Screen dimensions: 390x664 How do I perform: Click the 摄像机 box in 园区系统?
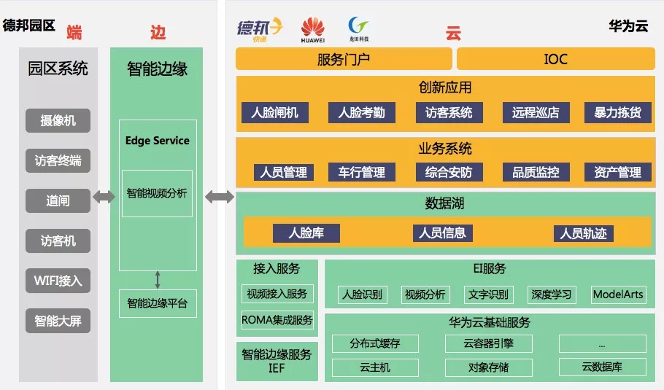(x=58, y=120)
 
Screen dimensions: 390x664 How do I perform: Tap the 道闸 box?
(x=58, y=200)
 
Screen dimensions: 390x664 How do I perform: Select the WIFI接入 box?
(x=58, y=280)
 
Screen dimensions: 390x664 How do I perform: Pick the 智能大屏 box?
(x=58, y=320)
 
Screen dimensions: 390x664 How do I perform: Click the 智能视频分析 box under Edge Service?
(x=157, y=193)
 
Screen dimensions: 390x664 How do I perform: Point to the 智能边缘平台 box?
(x=157, y=303)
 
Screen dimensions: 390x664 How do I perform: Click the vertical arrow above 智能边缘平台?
(x=158, y=279)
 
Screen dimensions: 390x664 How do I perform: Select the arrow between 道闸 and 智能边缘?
(x=104, y=196)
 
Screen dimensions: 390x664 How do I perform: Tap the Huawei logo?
(x=312, y=30)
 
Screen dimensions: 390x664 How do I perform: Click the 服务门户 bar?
(x=343, y=59)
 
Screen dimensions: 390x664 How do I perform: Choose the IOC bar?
(x=555, y=59)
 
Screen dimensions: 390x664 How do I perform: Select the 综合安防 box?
(x=449, y=173)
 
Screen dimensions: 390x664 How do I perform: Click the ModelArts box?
(x=618, y=295)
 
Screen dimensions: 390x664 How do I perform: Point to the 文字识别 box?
(x=488, y=295)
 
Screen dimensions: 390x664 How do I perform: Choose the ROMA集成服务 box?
(x=277, y=319)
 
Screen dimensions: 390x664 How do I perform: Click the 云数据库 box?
(x=602, y=367)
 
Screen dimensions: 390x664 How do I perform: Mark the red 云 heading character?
(x=453, y=34)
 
